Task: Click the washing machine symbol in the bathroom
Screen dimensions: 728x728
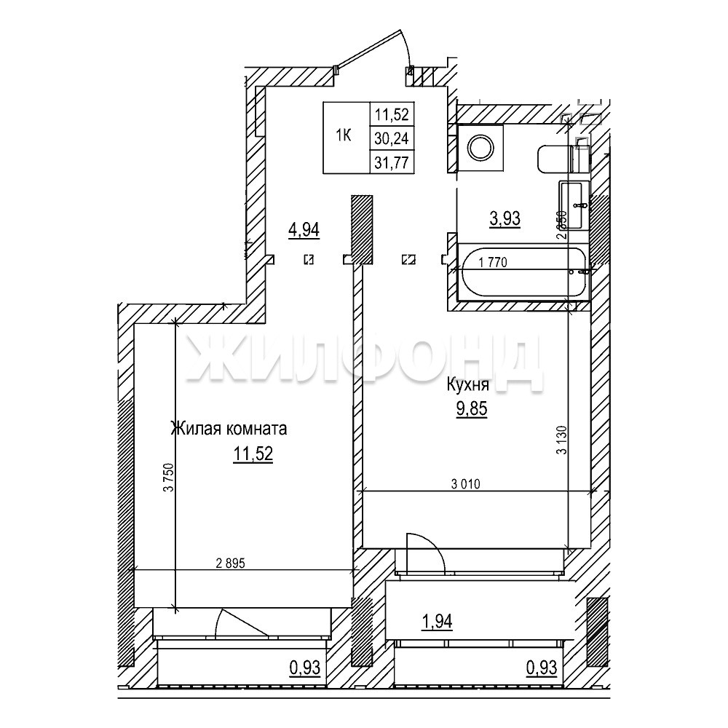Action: pos(480,148)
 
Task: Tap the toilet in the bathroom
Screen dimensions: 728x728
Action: pos(563,159)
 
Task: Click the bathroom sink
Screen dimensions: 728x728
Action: pos(574,205)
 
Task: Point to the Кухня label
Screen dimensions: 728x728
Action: pos(467,384)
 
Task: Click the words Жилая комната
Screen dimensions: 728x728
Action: pos(229,428)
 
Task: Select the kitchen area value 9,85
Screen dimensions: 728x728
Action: pos(471,408)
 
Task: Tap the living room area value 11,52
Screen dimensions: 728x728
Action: pos(253,454)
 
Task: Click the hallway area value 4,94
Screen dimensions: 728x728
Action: pos(304,229)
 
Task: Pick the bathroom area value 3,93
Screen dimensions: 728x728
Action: pos(505,218)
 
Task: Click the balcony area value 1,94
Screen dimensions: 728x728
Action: pos(436,621)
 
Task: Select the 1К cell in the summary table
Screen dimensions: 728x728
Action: pos(344,135)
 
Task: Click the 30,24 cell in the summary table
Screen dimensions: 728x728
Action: pos(391,138)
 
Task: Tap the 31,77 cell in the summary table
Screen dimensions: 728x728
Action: pos(391,162)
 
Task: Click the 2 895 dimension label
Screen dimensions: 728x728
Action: pos(230,563)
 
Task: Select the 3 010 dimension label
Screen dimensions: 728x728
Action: pos(466,484)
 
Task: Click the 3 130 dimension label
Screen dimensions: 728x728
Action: pos(562,440)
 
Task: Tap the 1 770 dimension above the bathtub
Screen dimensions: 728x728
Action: pos(493,262)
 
